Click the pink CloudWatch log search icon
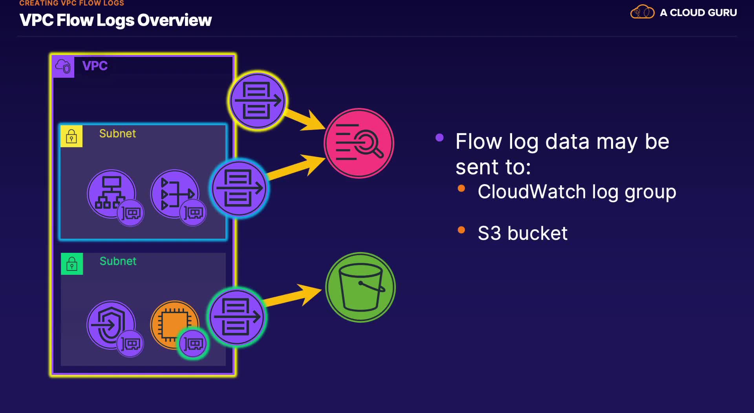point(359,143)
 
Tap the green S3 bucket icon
point(361,287)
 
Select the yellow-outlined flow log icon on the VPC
point(258,101)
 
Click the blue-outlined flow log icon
point(239,188)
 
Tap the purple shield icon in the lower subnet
point(110,324)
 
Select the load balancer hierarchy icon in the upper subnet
point(111,193)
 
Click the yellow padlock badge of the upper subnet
point(71,136)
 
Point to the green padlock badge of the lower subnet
point(72,264)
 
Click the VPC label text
point(95,66)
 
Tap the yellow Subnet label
point(117,133)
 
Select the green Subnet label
point(118,261)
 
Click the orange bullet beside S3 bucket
point(461,230)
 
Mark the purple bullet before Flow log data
point(439,137)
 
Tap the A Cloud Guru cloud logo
point(642,12)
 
